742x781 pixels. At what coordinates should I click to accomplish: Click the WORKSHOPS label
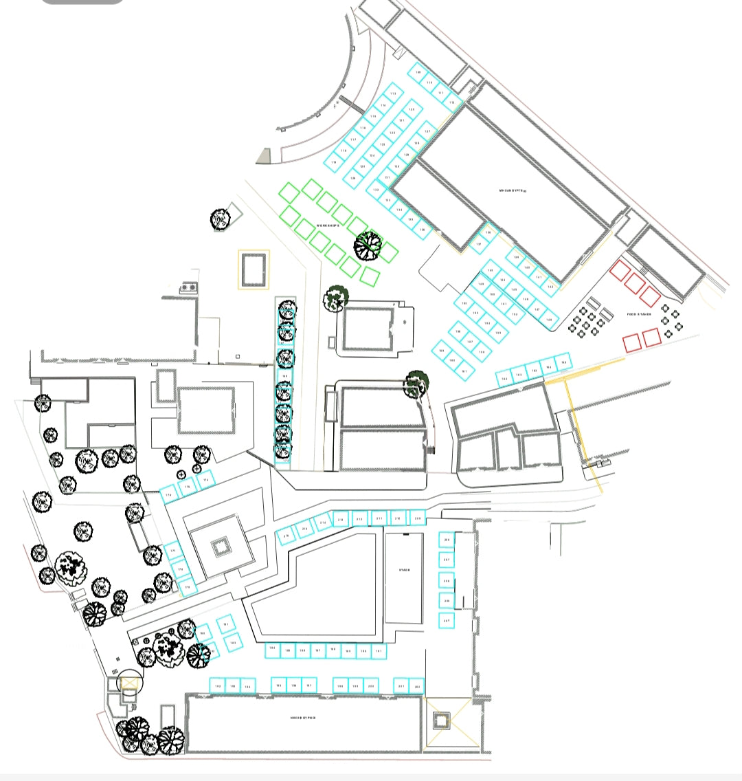click(x=328, y=225)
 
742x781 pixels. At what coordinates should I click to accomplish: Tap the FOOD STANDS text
click(x=638, y=314)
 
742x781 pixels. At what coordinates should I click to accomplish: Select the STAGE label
click(x=404, y=570)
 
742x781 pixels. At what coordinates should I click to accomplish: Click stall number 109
click(x=418, y=72)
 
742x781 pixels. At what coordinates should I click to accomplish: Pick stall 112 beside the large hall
click(x=451, y=102)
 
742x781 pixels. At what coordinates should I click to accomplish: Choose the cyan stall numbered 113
click(x=393, y=93)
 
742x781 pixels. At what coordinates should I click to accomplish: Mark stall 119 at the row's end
click(x=334, y=162)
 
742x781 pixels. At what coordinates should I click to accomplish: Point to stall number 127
click(x=427, y=132)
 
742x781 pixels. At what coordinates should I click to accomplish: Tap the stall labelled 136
click(x=423, y=230)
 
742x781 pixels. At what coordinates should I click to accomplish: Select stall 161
click(x=464, y=371)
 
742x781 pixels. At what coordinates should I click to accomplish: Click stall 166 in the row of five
click(x=563, y=362)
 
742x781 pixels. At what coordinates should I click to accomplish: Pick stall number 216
click(x=286, y=535)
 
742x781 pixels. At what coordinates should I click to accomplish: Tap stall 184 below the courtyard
click(x=273, y=650)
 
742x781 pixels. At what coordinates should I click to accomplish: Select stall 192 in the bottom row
click(x=218, y=686)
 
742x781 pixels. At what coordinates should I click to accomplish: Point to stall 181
click(x=226, y=625)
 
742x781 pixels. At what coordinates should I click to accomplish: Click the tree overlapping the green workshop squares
click(x=369, y=245)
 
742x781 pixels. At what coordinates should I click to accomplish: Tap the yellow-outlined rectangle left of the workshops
click(x=254, y=269)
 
